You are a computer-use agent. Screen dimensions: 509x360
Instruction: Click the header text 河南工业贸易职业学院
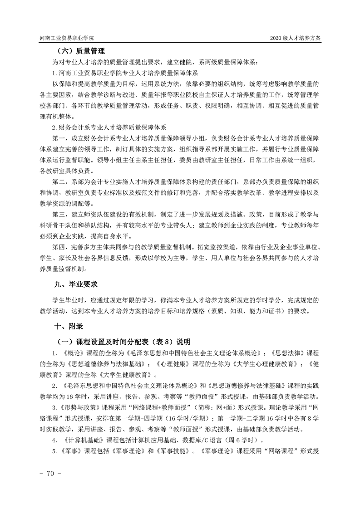coord(70,39)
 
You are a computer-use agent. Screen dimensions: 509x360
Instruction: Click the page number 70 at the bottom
coord(47,473)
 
